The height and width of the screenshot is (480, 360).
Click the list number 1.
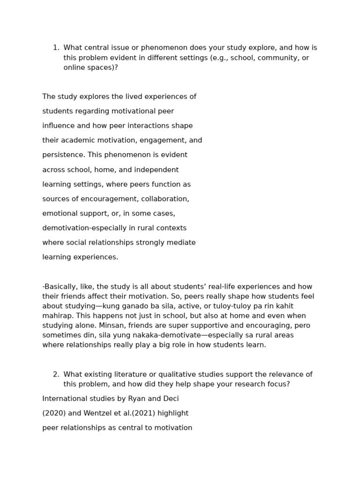coord(55,48)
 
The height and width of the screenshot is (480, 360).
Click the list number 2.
coord(55,375)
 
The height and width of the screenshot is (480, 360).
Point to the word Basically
coord(60,287)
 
